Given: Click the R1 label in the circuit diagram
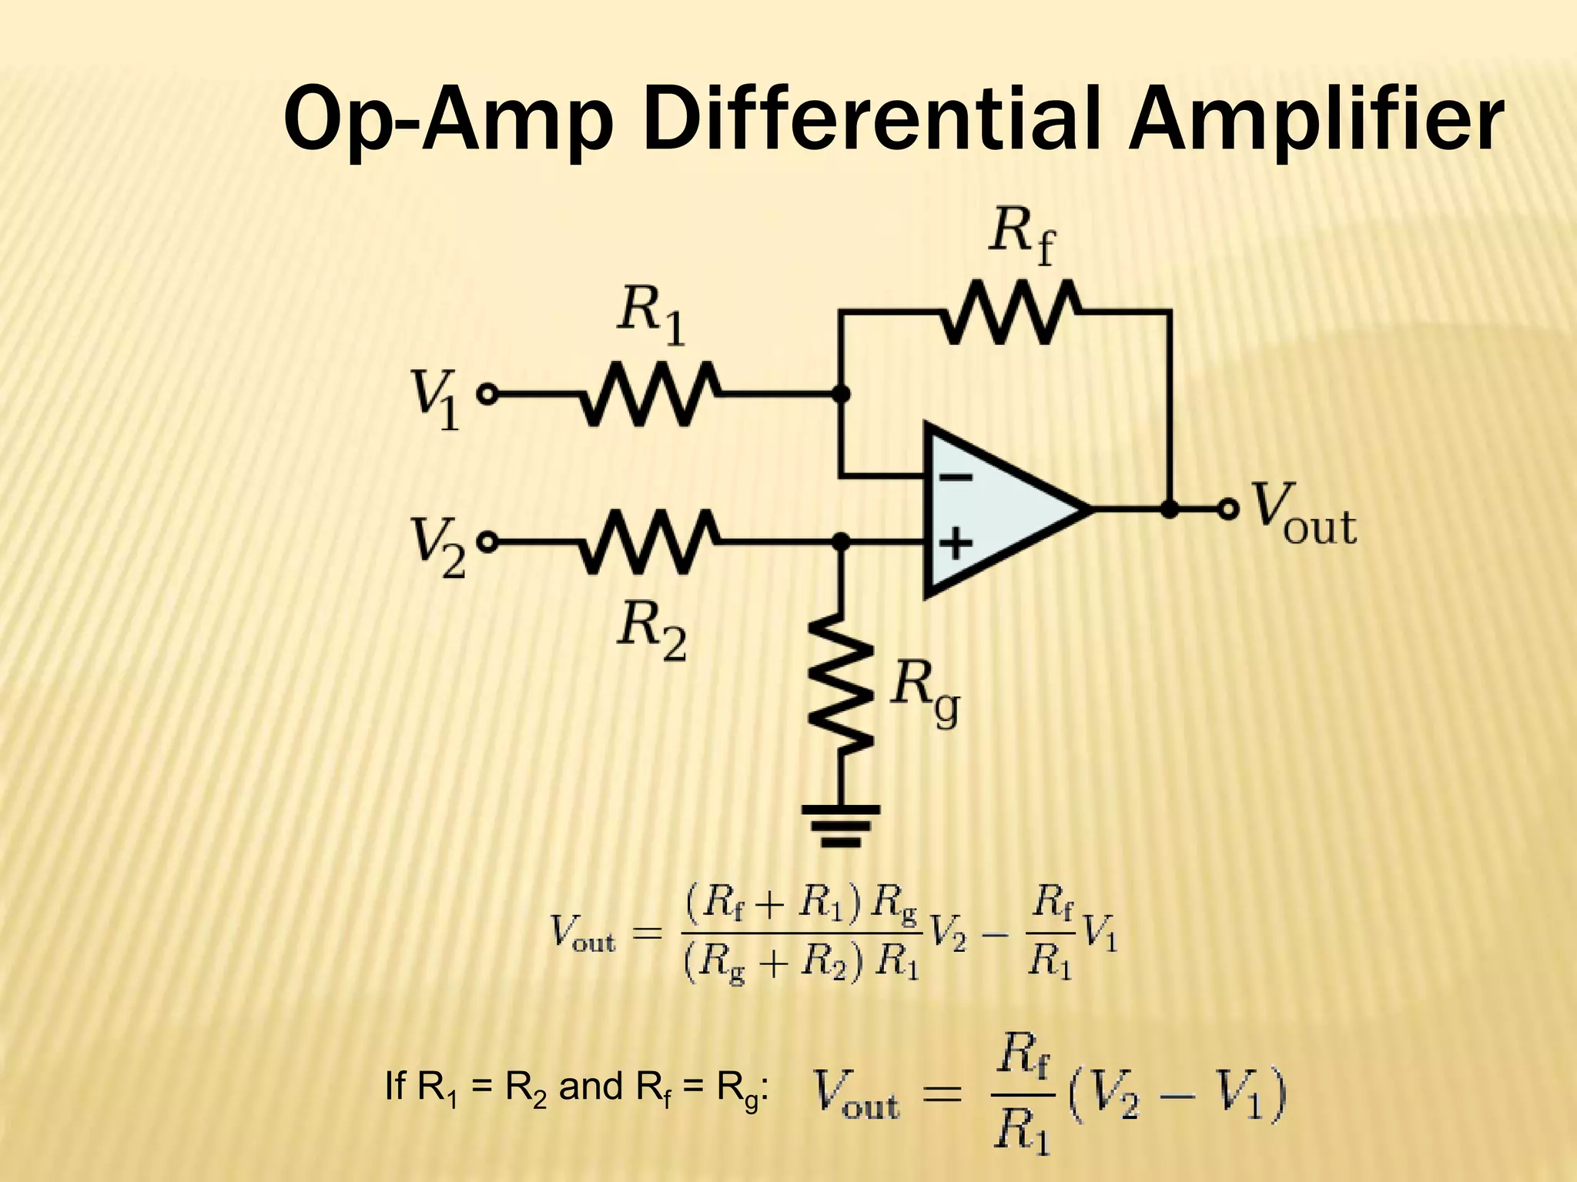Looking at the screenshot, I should click(651, 319).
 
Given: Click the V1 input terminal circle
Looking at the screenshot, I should click(487, 394).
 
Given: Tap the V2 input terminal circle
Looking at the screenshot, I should click(487, 543).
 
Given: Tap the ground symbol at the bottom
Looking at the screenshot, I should click(842, 824).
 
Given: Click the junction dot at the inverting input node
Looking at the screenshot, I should click(842, 394).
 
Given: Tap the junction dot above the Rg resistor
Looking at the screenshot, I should click(842, 543).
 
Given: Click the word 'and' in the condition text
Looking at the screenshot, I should click(591, 1088).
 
